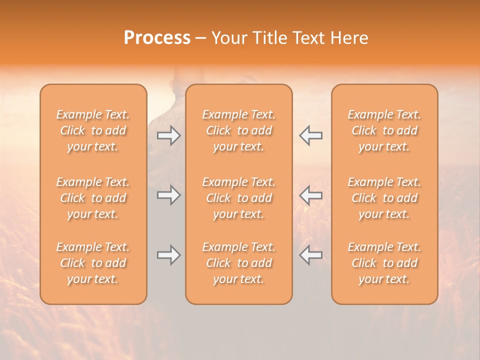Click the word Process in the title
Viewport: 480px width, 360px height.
click(x=157, y=37)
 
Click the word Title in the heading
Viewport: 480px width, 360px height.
click(x=269, y=38)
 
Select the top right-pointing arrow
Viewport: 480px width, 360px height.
click(x=168, y=135)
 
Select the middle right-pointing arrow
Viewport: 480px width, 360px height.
click(x=168, y=195)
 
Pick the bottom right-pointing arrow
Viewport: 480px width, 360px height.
click(x=168, y=255)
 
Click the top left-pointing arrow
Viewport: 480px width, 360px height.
click(x=311, y=135)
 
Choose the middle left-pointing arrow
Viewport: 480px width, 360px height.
click(x=311, y=195)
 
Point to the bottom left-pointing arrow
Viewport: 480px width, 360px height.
click(x=311, y=255)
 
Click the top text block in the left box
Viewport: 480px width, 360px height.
click(x=93, y=130)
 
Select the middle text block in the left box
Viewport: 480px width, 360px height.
click(x=93, y=198)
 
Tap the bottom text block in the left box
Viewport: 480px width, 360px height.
click(x=93, y=263)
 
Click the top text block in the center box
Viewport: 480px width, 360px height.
click(x=239, y=130)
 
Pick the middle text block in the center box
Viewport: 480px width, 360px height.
click(x=239, y=198)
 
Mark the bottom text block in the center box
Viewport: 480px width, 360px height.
click(x=239, y=263)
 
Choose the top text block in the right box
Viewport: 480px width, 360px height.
click(x=384, y=130)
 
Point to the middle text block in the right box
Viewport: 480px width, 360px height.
click(x=384, y=198)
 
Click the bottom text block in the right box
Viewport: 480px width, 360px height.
click(x=384, y=263)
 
